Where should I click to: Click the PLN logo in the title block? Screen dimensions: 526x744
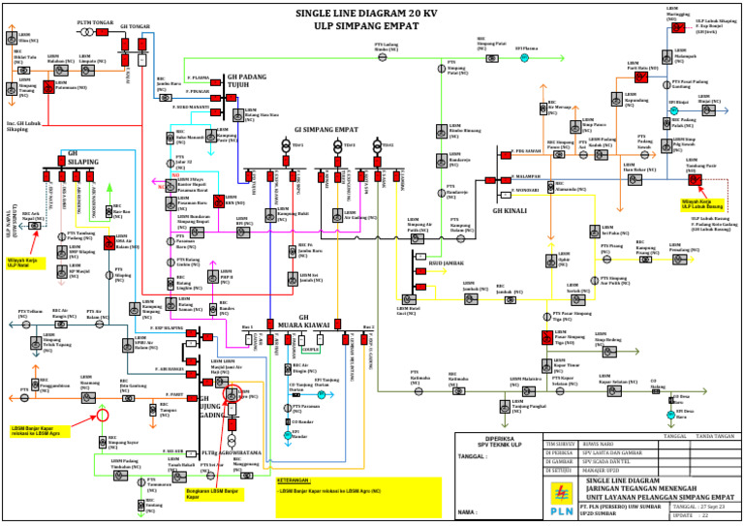(560, 496)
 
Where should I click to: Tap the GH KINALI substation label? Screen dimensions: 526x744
(510, 210)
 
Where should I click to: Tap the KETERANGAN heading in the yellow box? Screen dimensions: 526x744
(293, 480)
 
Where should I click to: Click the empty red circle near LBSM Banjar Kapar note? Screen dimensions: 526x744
(100, 417)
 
